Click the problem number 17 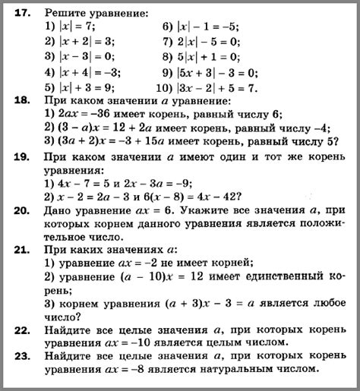20,13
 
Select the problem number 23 21,355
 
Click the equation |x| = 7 82,27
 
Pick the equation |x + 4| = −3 93,72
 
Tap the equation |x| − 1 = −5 212,27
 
